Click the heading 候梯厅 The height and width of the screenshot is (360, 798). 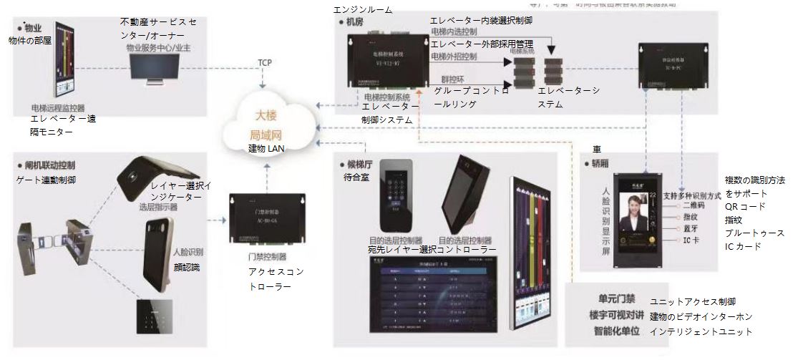click(364, 163)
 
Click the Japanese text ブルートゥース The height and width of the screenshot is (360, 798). click(754, 233)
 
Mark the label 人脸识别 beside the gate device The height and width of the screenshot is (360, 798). click(188, 253)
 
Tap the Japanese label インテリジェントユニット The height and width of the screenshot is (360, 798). click(701, 331)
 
